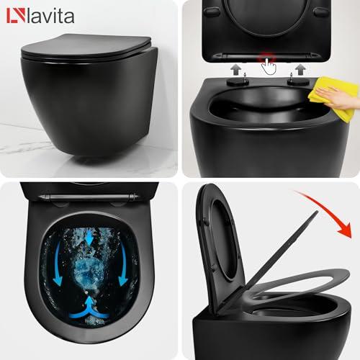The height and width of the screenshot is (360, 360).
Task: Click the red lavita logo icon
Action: (x=16, y=16)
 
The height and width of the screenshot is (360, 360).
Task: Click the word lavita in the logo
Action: (x=50, y=16)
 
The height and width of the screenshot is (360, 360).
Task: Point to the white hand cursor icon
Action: (x=269, y=66)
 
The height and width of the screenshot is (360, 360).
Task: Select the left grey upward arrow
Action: (x=236, y=70)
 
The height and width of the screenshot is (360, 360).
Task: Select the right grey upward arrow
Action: (x=300, y=70)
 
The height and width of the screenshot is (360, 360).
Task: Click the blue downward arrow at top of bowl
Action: (x=90, y=237)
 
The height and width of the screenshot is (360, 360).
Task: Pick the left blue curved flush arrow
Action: (x=57, y=264)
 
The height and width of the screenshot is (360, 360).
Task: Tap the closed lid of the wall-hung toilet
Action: (x=86, y=47)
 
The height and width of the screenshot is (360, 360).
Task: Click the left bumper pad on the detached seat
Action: (x=212, y=12)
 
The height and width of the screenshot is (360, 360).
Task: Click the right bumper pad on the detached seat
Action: (x=320, y=12)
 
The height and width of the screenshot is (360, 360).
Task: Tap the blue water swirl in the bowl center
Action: (x=89, y=269)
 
